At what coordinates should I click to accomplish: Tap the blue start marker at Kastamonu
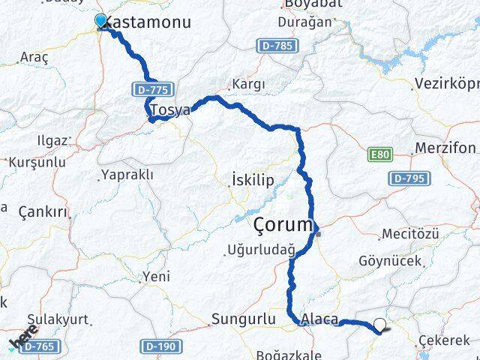pos(101,21)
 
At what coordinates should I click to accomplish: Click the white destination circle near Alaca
pos(380,325)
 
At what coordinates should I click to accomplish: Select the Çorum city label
pos(282,224)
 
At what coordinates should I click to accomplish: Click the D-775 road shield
pos(152,89)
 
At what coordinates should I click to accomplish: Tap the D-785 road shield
pos(277,46)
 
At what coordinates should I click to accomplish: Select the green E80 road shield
pos(380,154)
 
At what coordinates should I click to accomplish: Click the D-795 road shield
pos(408,178)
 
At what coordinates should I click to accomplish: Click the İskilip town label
pos(253,180)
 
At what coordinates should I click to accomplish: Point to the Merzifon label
pos(445,148)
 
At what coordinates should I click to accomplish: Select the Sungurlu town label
pos(243,319)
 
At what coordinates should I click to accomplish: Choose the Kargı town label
pos(250,83)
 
